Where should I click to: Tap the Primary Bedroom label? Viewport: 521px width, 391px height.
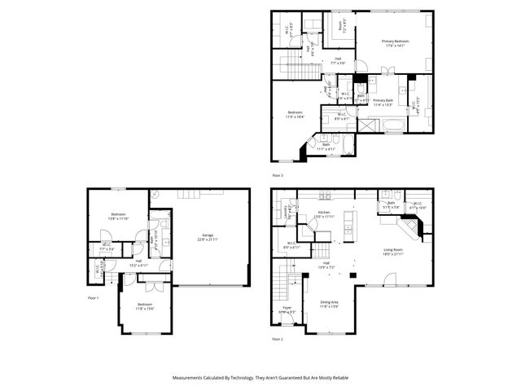[x=395, y=43]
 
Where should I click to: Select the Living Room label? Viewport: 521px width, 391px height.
[x=392, y=252]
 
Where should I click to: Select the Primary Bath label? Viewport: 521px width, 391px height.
[x=383, y=102]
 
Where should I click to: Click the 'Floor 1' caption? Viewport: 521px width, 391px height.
[x=93, y=298]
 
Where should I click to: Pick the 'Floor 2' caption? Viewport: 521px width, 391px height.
[x=278, y=338]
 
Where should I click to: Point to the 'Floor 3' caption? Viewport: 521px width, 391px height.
[x=278, y=174]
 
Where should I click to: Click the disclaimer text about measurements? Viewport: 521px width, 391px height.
[x=260, y=379]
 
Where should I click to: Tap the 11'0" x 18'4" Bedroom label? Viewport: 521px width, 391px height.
[x=295, y=115]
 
